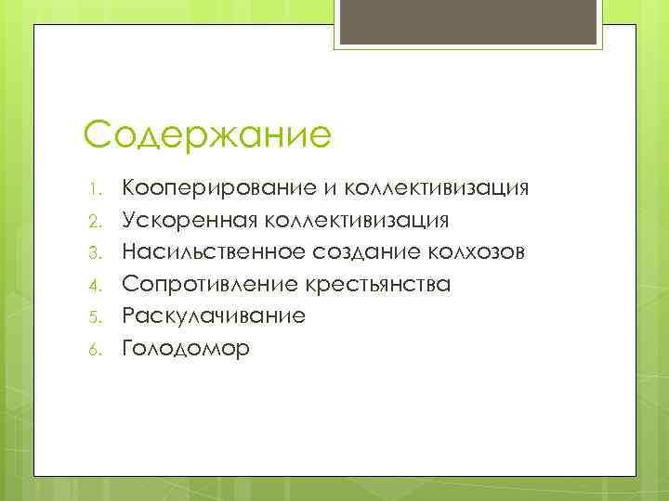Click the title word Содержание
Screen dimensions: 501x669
click(207, 135)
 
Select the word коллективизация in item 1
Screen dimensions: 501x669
click(438, 189)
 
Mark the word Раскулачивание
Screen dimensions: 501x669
click(214, 315)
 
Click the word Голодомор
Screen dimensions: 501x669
click(186, 347)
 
